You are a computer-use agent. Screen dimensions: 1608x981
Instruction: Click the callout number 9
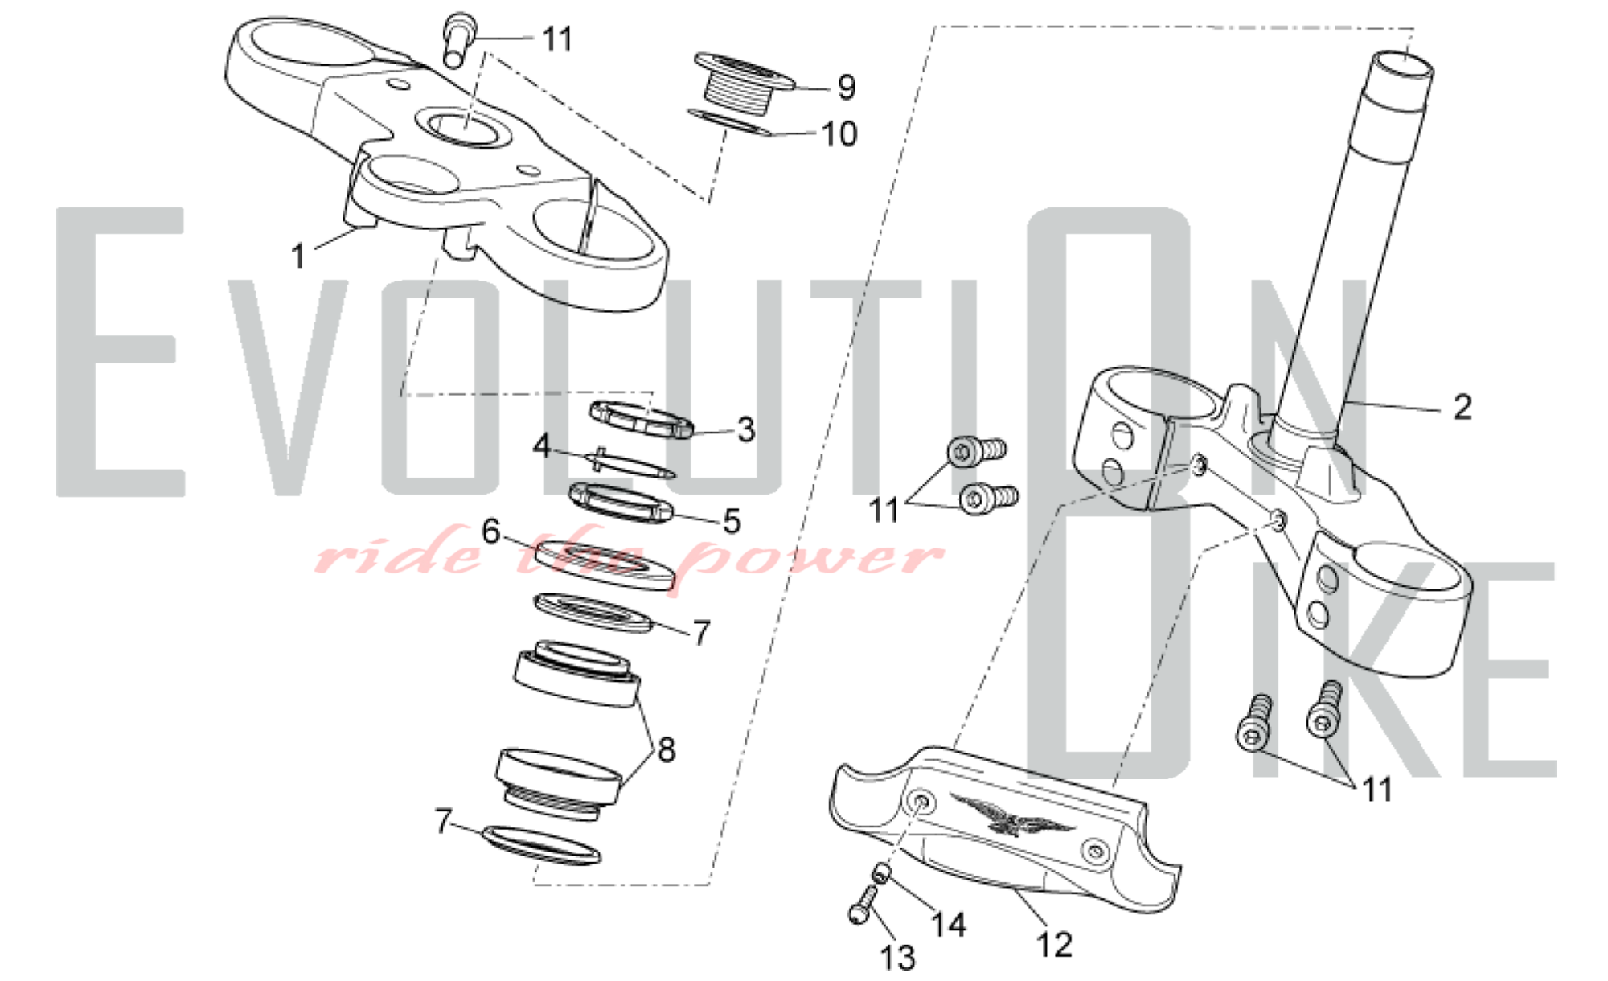coord(846,87)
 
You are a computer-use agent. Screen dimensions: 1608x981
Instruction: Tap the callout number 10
coord(839,133)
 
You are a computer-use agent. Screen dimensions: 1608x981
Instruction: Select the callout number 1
coord(298,256)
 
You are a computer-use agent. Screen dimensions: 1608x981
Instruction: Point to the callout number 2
coord(1462,407)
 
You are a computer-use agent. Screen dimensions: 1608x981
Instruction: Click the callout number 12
coord(1054,944)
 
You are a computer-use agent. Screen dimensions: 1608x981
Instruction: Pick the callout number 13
coord(898,958)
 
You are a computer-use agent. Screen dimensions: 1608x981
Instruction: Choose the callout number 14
coord(948,925)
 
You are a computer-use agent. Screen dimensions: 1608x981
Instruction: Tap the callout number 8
coord(667,749)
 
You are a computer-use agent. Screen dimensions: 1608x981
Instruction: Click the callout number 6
coord(490,532)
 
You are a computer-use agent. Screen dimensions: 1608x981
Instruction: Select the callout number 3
coord(746,429)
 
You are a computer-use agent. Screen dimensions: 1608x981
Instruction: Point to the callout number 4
coord(543,445)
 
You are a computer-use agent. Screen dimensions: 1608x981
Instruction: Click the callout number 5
coord(732,521)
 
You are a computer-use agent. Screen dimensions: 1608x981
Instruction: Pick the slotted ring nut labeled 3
coord(642,419)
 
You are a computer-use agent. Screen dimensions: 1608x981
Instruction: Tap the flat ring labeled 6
coord(603,566)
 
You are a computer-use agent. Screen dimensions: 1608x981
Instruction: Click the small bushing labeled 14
coord(882,872)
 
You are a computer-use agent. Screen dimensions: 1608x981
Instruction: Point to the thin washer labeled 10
coord(729,122)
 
